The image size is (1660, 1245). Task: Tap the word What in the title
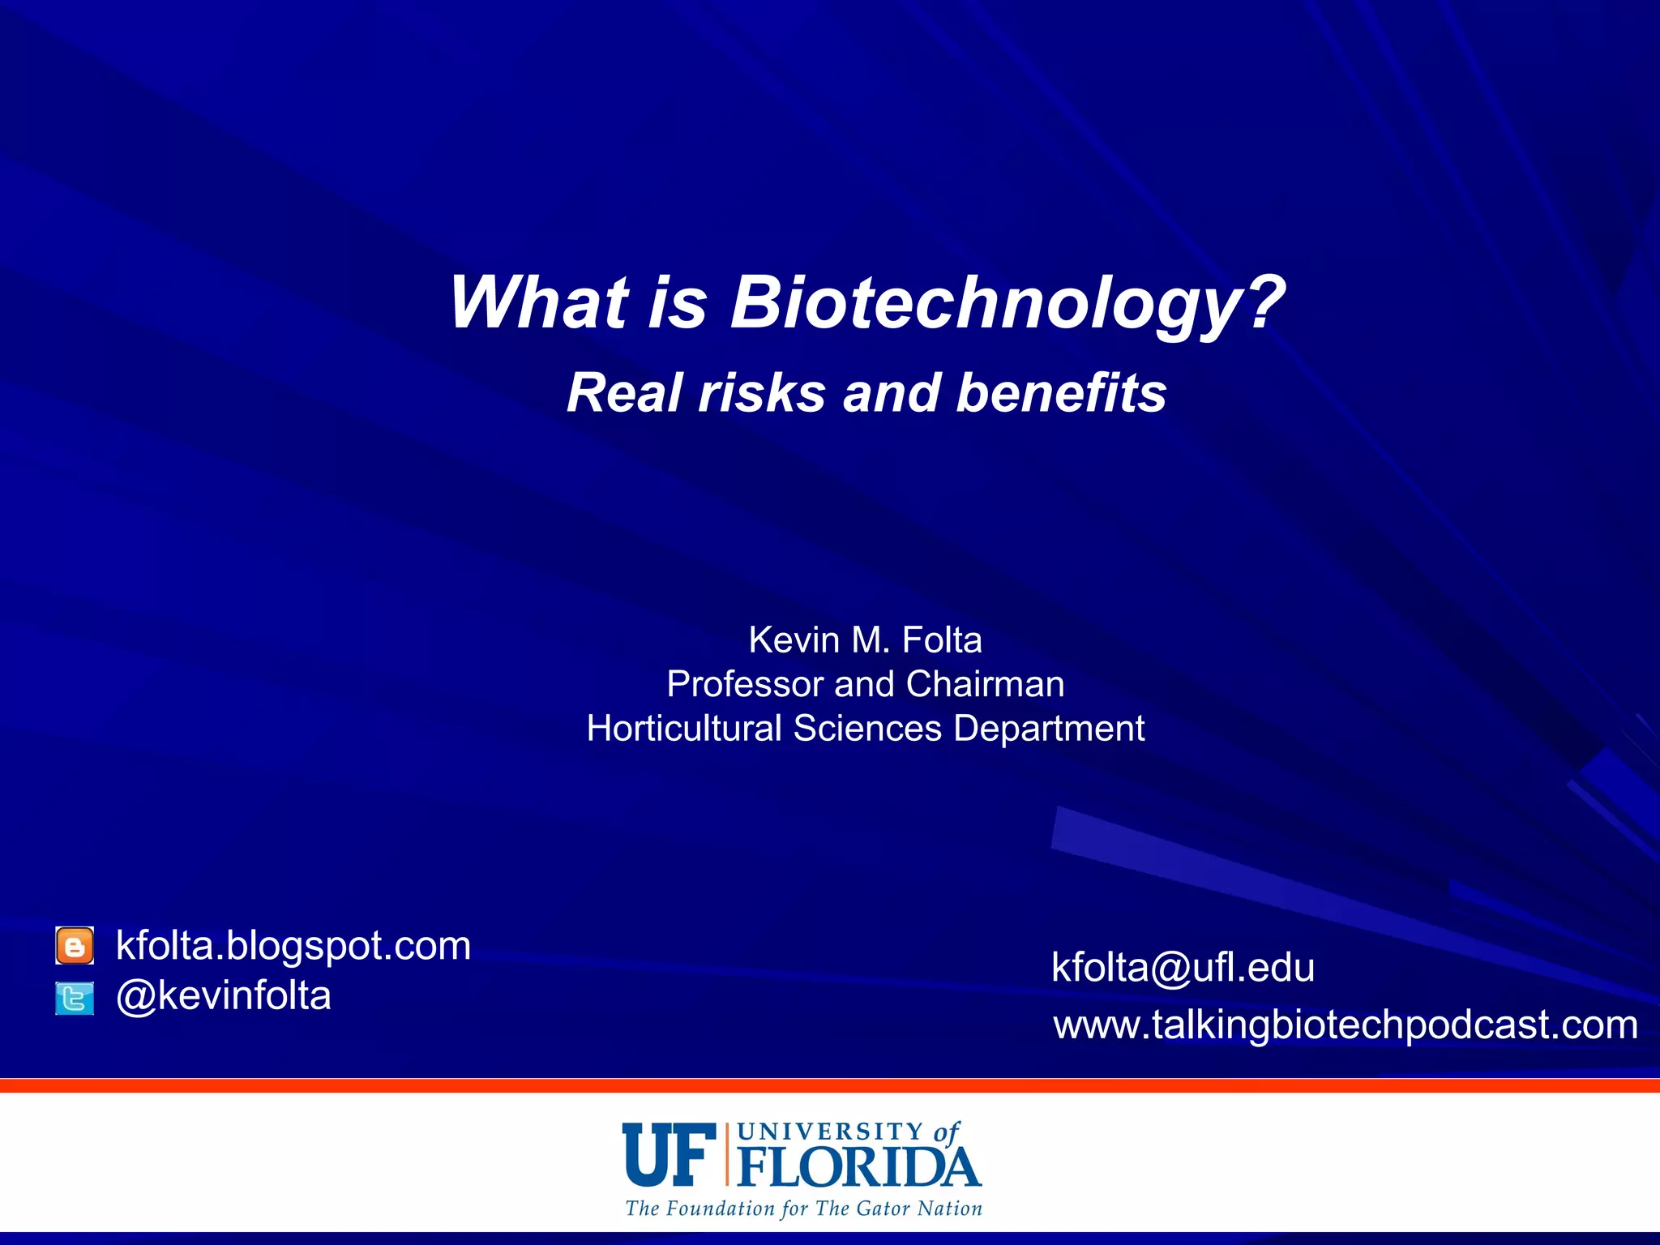pos(538,303)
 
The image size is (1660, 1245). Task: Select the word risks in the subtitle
pos(762,393)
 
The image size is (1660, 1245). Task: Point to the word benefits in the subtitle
pos(1062,393)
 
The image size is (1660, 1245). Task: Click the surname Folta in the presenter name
pos(942,640)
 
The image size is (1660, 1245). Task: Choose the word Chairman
pos(985,685)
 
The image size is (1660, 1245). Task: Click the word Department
pos(1050,729)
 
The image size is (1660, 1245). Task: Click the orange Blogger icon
pos(75,946)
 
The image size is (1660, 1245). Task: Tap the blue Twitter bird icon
pos(75,998)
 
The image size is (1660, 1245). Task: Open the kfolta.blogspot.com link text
pos(293,946)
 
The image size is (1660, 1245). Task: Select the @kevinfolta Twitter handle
pos(224,996)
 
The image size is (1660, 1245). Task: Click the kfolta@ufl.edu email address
pos(1183,968)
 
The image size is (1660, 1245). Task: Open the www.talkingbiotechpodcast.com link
pos(1346,1025)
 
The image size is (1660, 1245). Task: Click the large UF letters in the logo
pos(670,1154)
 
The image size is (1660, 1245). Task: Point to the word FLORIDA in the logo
pos(859,1167)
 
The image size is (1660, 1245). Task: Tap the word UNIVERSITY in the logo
pos(831,1132)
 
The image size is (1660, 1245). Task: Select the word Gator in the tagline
pos(883,1209)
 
